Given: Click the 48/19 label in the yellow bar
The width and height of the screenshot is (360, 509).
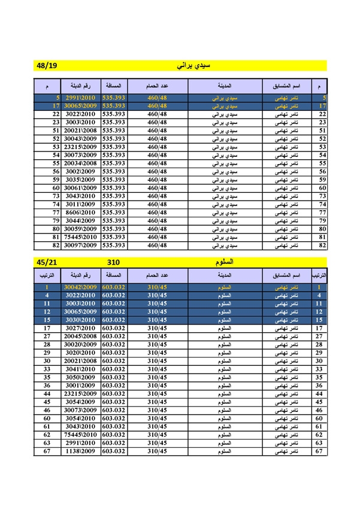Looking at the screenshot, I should pos(46,65).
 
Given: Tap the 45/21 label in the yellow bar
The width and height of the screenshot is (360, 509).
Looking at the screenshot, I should pos(46,262).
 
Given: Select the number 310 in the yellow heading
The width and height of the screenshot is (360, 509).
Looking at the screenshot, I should pos(113,262).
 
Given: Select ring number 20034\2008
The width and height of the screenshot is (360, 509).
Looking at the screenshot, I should pos(80,163).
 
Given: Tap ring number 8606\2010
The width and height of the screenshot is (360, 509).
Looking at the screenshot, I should pos(80,212).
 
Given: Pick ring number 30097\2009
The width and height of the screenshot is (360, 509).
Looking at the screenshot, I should pos(80,245).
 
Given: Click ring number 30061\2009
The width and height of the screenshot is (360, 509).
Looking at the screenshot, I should pos(80,187).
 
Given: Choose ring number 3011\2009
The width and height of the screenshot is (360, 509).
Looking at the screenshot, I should pos(80,204).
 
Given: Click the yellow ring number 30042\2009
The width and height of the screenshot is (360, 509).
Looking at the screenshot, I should pos(80,287).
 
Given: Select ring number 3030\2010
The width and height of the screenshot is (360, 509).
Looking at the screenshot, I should pos(80,320).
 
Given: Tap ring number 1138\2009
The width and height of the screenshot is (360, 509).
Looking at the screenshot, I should pos(80,450).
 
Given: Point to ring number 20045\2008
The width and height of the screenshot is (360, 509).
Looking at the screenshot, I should pos(80,337).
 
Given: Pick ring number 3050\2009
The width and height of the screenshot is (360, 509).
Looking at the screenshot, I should pos(80,377).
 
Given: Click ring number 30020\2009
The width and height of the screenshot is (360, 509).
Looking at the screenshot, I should pos(80,344).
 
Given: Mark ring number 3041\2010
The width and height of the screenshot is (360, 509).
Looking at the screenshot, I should pos(80,369).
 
